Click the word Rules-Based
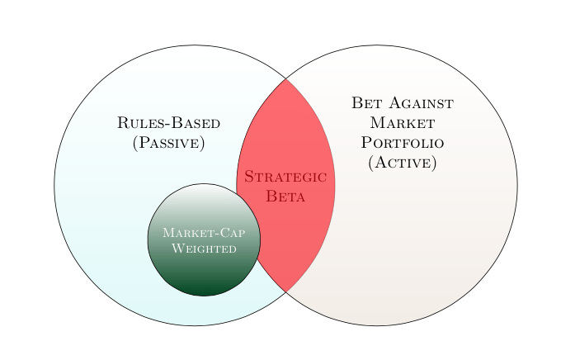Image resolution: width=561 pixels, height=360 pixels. tap(168, 124)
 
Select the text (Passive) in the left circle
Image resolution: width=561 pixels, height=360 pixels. tap(168, 143)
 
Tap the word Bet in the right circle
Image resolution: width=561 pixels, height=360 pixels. tap(366, 103)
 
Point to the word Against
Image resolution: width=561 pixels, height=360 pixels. tap(420, 103)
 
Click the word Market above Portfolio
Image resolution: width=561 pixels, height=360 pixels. tap(403, 123)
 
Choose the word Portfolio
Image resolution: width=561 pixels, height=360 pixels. tap(403, 143)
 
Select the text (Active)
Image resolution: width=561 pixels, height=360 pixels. tap(403, 162)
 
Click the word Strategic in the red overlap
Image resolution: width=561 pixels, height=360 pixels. tap(285, 178)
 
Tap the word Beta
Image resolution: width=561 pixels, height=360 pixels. tap(285, 197)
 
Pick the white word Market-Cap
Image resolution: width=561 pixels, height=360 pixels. tap(204, 233)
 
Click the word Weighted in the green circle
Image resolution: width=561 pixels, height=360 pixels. tap(204, 248)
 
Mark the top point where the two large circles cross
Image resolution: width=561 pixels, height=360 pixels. tap(286, 78)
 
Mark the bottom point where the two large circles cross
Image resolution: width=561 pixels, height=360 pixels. tap(286, 292)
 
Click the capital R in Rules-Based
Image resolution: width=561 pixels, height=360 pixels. tap(123, 124)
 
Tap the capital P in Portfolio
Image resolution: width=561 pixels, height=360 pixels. tap(367, 143)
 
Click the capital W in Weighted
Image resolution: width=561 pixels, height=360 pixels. tap(176, 248)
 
